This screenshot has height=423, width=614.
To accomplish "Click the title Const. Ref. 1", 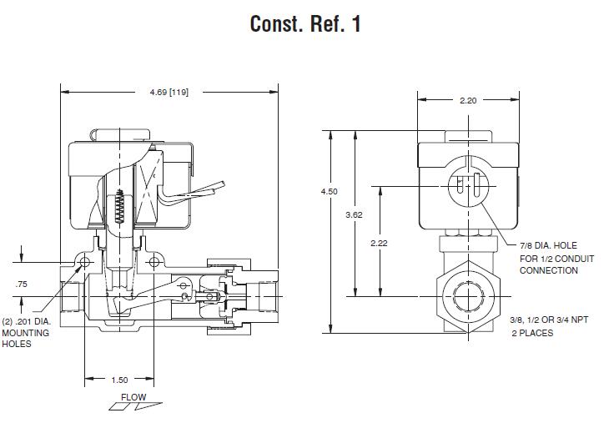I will pyautogui.click(x=305, y=24).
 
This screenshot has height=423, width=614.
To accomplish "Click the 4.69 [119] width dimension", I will pyautogui.click(x=169, y=92).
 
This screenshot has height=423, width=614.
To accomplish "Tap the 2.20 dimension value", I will pyautogui.click(x=468, y=101).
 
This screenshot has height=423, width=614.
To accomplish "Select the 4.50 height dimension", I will pyautogui.click(x=330, y=191).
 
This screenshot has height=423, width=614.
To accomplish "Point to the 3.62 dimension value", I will pyautogui.click(x=355, y=215).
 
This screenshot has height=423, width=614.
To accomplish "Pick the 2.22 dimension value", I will pyautogui.click(x=380, y=243).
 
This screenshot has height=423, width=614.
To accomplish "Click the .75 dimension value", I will pyautogui.click(x=21, y=285).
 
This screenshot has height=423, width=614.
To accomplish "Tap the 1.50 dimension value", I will pyautogui.click(x=119, y=380).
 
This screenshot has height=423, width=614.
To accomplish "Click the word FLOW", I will pyautogui.click(x=133, y=396).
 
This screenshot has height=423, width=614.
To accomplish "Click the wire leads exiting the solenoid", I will pyautogui.click(x=191, y=195).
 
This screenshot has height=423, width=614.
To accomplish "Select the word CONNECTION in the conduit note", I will pyautogui.click(x=548, y=270).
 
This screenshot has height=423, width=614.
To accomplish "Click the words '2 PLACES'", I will pyautogui.click(x=531, y=333).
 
